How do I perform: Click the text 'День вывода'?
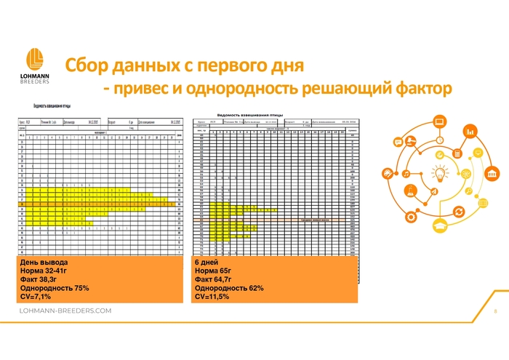[x=44, y=262]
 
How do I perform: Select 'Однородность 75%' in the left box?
[x=55, y=288]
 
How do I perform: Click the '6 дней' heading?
[x=207, y=262]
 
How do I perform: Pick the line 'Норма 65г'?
[x=213, y=271]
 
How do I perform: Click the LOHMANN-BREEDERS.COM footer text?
[x=65, y=311]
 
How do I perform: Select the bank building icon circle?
[x=492, y=175]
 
